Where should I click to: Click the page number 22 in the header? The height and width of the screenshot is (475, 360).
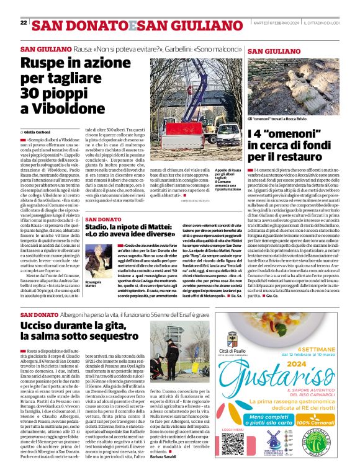pyautogui.click(x=24, y=23)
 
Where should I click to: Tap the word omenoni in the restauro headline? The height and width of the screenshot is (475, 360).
pyautogui.click(x=294, y=133)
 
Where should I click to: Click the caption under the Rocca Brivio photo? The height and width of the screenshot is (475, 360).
pyautogui.click(x=277, y=118)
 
